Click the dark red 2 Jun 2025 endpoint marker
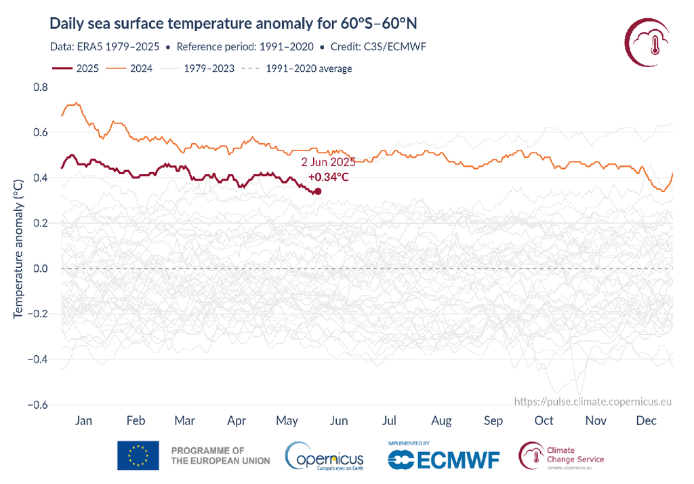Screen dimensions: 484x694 (318, 191)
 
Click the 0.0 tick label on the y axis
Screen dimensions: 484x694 (40, 268)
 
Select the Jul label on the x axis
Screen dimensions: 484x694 (390, 421)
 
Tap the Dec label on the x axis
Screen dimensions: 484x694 (647, 421)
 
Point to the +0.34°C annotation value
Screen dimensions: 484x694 (329, 177)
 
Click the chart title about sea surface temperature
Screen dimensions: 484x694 (233, 24)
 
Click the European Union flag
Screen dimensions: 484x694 (138, 456)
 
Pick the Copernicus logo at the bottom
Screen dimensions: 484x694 (325, 456)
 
